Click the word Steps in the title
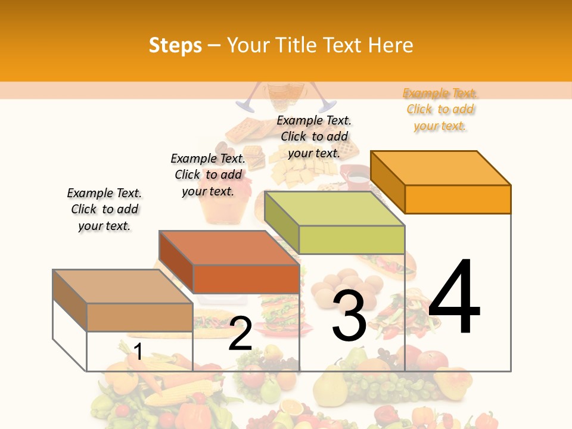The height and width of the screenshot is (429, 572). (175, 45)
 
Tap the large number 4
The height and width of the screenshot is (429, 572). (454, 297)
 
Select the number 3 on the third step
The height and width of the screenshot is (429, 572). (349, 315)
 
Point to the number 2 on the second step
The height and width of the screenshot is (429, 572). (240, 334)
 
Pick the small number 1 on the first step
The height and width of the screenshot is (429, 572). (138, 352)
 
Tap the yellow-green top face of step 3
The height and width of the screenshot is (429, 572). (335, 209)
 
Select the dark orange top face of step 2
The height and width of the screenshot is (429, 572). (229, 248)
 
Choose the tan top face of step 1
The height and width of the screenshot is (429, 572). (123, 287)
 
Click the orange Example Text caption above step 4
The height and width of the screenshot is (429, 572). (440, 110)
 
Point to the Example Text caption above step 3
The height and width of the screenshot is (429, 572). (314, 136)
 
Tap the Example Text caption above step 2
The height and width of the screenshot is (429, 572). (208, 175)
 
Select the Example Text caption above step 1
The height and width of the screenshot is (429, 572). (104, 209)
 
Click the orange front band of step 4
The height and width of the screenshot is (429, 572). (458, 199)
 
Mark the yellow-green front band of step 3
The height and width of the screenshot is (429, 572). (352, 240)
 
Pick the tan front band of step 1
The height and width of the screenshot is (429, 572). (139, 317)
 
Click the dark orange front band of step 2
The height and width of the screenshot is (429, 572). (246, 279)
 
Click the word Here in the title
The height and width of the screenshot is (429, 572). (391, 45)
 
